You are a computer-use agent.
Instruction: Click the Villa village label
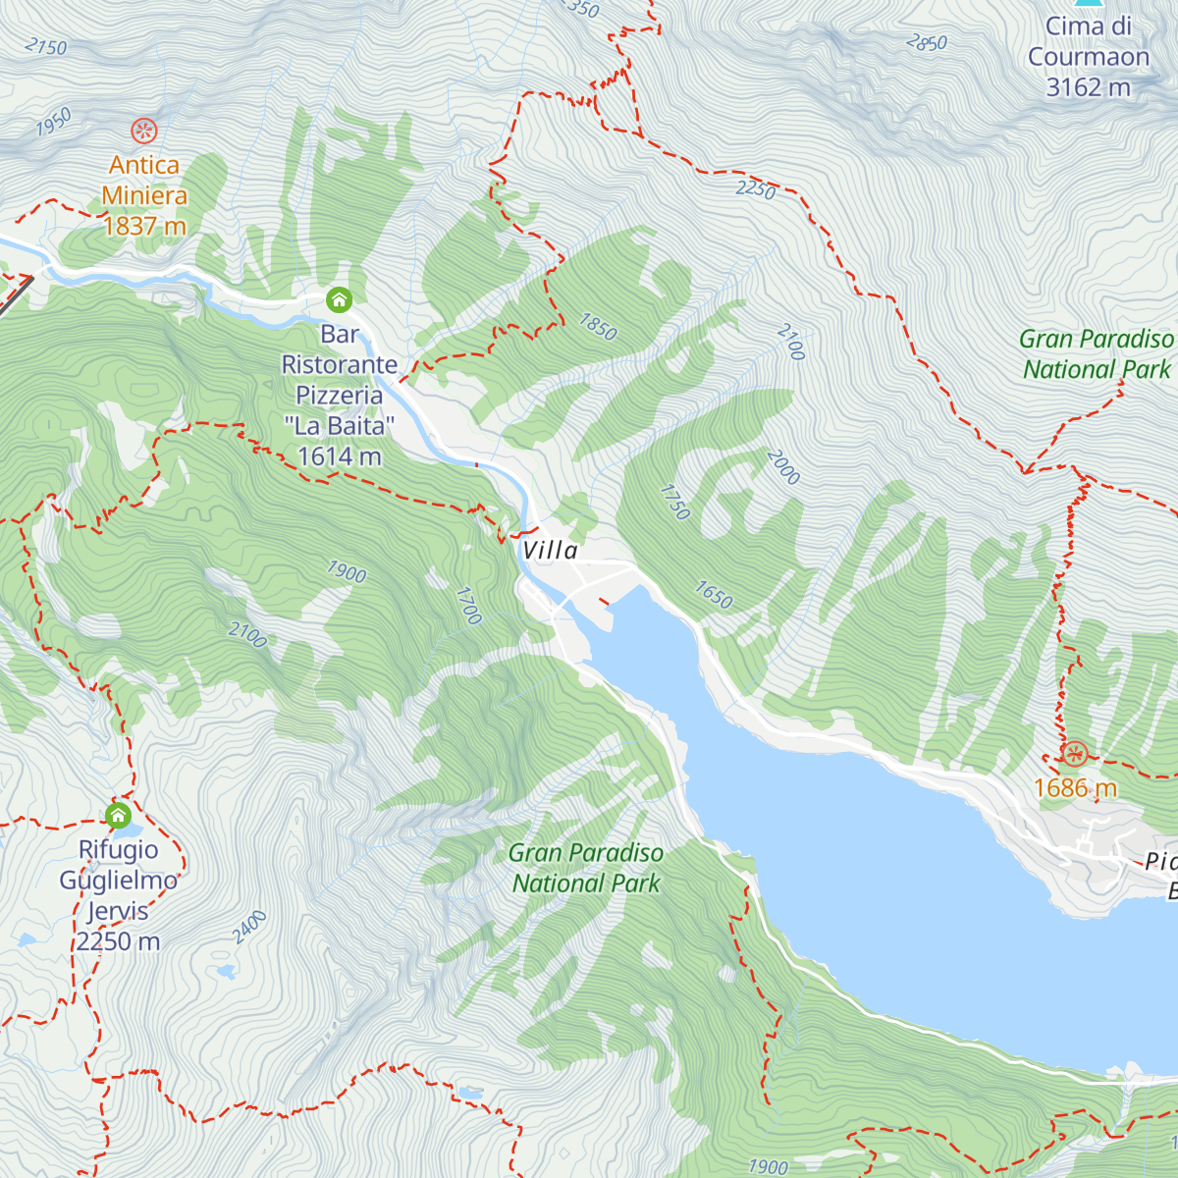[x=550, y=551]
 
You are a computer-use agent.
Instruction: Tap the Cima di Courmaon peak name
[x=1088, y=41]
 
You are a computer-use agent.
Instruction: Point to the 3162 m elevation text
[x=1088, y=87]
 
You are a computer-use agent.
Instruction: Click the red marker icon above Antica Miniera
[x=144, y=130]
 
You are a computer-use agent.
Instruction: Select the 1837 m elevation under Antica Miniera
[x=144, y=226]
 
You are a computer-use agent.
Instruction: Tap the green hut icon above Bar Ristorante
[x=339, y=298]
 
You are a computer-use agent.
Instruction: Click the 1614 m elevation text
[x=339, y=456]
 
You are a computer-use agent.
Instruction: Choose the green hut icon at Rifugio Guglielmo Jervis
[x=118, y=815]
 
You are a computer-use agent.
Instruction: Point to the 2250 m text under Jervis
[x=118, y=941]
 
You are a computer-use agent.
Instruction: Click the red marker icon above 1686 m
[x=1075, y=754]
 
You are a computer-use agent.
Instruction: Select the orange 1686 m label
[x=1075, y=788]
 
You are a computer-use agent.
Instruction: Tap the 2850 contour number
[x=927, y=42]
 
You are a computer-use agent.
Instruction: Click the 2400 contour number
[x=250, y=927]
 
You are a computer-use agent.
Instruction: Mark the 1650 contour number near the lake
[x=714, y=594]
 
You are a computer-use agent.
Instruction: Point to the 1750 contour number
[x=675, y=502]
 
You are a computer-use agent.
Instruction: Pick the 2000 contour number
[x=783, y=467]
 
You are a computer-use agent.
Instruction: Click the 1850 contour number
[x=598, y=326]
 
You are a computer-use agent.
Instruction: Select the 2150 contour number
[x=46, y=46]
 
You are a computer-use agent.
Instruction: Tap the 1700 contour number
[x=469, y=606]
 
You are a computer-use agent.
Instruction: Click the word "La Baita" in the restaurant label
[x=339, y=426]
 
